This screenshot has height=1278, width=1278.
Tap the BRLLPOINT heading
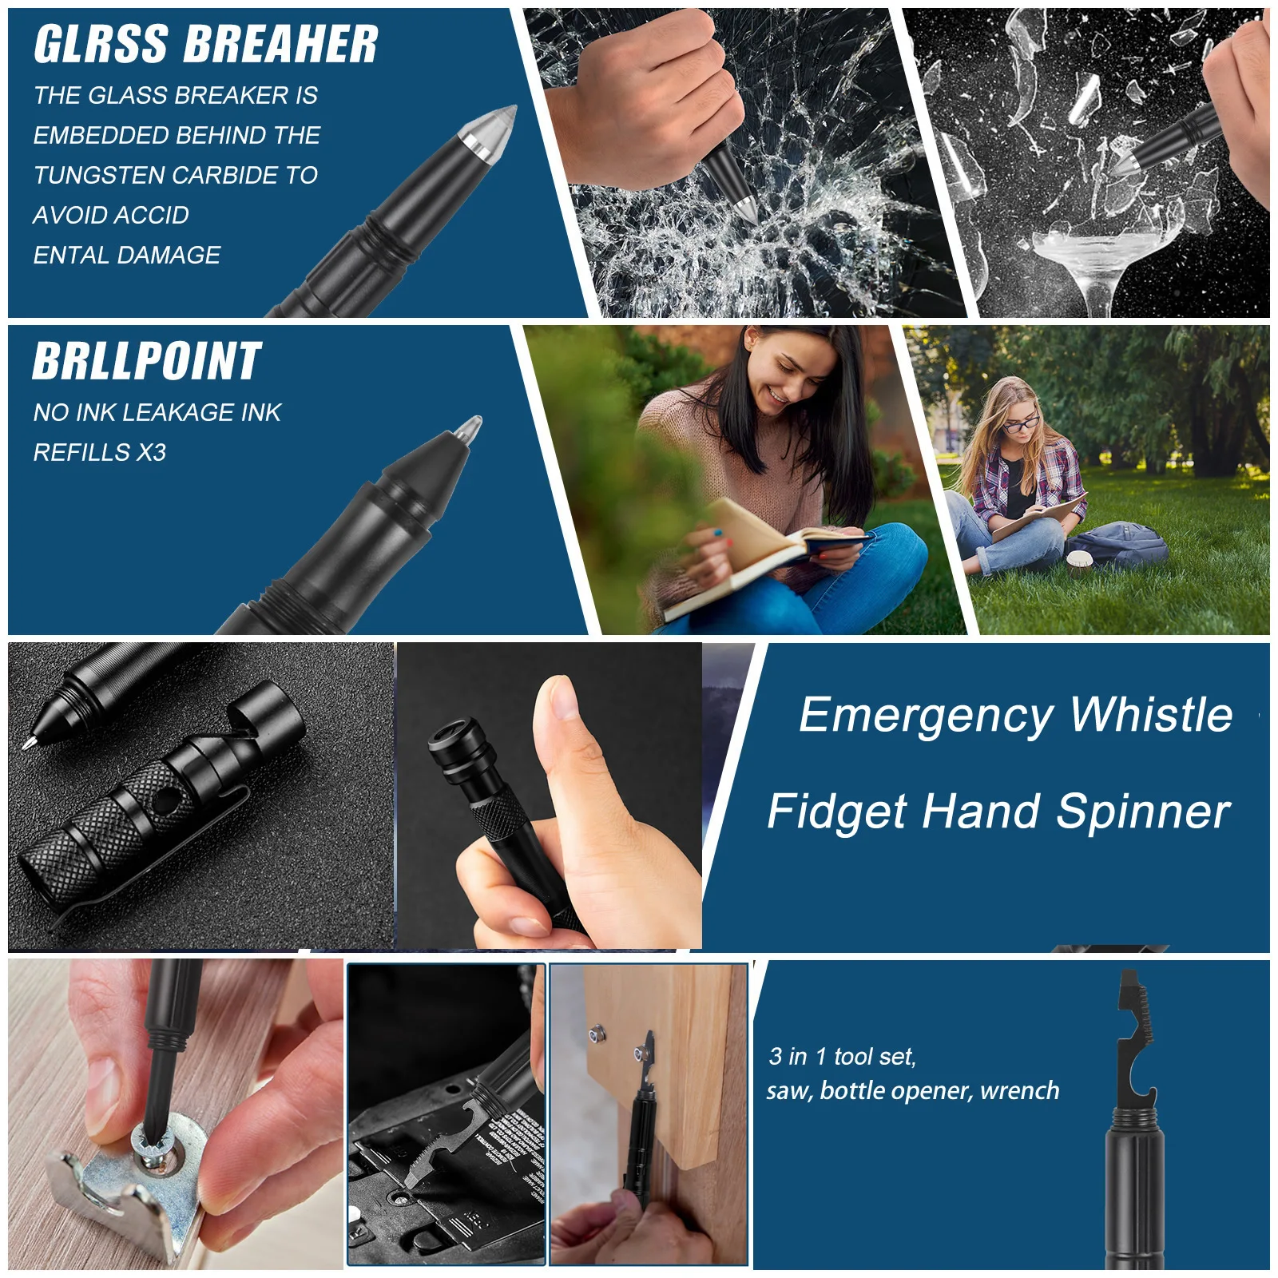click(x=147, y=362)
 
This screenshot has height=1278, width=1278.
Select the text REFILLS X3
click(x=100, y=453)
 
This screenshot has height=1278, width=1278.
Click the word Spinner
click(x=1143, y=812)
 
